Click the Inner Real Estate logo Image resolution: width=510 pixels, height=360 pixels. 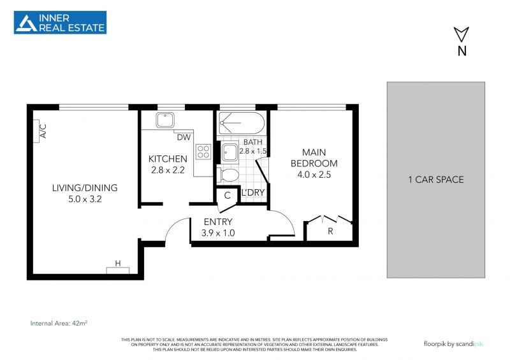pyautogui.click(x=60, y=22)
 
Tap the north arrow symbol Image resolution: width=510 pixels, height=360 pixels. pyautogui.click(x=461, y=34)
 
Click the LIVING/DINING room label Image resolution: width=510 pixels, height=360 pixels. pyautogui.click(x=85, y=187)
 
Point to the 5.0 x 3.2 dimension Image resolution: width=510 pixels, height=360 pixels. pyautogui.click(x=85, y=199)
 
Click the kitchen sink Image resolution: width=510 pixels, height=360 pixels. pyautogui.click(x=165, y=120)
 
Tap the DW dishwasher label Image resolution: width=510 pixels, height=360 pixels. pyautogui.click(x=184, y=137)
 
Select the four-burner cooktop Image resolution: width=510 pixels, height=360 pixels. pyautogui.click(x=203, y=152)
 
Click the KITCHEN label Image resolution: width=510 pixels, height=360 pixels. pyautogui.click(x=168, y=159)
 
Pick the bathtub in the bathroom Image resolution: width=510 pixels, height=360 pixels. pyautogui.click(x=242, y=123)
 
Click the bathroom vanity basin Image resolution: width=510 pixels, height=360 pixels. pyautogui.click(x=230, y=152)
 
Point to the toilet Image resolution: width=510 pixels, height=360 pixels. pyautogui.click(x=228, y=175)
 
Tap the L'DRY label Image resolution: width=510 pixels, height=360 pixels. pyautogui.click(x=252, y=192)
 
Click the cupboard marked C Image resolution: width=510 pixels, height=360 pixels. pyautogui.click(x=228, y=196)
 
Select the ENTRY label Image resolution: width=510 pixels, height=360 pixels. pyautogui.click(x=218, y=222)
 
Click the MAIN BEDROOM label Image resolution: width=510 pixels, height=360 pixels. pyautogui.click(x=314, y=158)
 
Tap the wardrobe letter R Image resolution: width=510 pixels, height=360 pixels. pyautogui.click(x=330, y=231)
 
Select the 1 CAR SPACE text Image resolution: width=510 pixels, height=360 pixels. pyautogui.click(x=436, y=180)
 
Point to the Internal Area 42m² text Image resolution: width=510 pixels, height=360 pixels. pyautogui.click(x=59, y=323)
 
